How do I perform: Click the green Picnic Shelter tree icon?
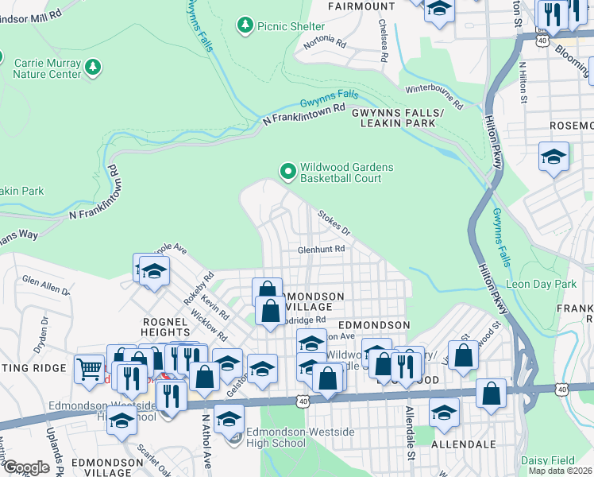[x=246, y=26]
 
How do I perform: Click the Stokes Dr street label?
[x=334, y=223]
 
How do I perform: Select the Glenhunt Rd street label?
[x=321, y=249]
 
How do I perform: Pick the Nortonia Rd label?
[x=325, y=43]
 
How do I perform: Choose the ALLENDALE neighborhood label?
[x=464, y=443]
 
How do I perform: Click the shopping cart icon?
[x=88, y=368]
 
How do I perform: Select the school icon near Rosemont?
[x=553, y=156]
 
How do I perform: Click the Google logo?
[x=26, y=467]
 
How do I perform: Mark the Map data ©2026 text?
[x=561, y=471]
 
